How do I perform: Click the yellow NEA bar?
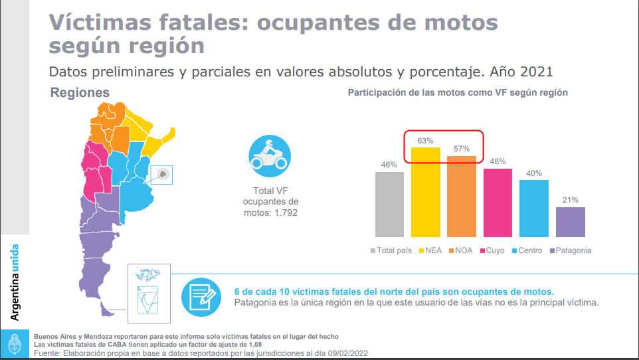(426, 192)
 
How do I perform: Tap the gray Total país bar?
(389, 204)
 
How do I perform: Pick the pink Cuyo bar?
(498, 203)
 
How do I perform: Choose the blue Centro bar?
(534, 208)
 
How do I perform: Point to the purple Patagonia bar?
(571, 222)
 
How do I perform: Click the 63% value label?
(425, 141)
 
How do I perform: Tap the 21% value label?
(571, 200)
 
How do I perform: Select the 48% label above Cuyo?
(498, 161)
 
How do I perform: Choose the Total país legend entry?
(391, 250)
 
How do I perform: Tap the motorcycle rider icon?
(270, 155)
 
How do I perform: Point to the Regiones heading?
(80, 93)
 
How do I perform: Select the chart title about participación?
(458, 93)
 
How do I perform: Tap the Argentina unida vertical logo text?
(15, 282)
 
